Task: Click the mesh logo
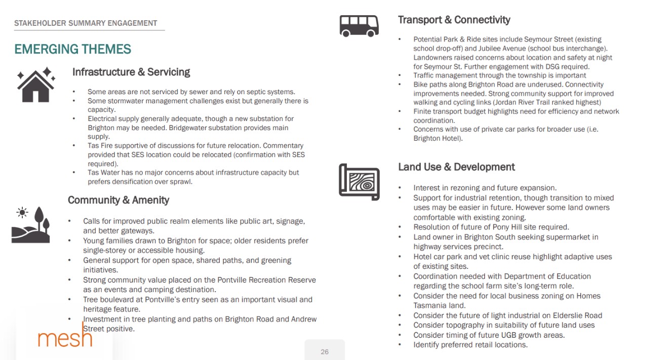coord(65,337)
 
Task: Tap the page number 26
coord(325,352)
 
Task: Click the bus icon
coord(359,25)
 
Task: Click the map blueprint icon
coord(359,182)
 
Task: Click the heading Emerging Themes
coord(72,49)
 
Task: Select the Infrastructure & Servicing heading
coord(131,72)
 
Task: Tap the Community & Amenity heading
coord(118,200)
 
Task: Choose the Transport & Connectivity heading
coord(454,20)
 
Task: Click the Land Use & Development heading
coord(456,167)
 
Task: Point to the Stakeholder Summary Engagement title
coord(86,23)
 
